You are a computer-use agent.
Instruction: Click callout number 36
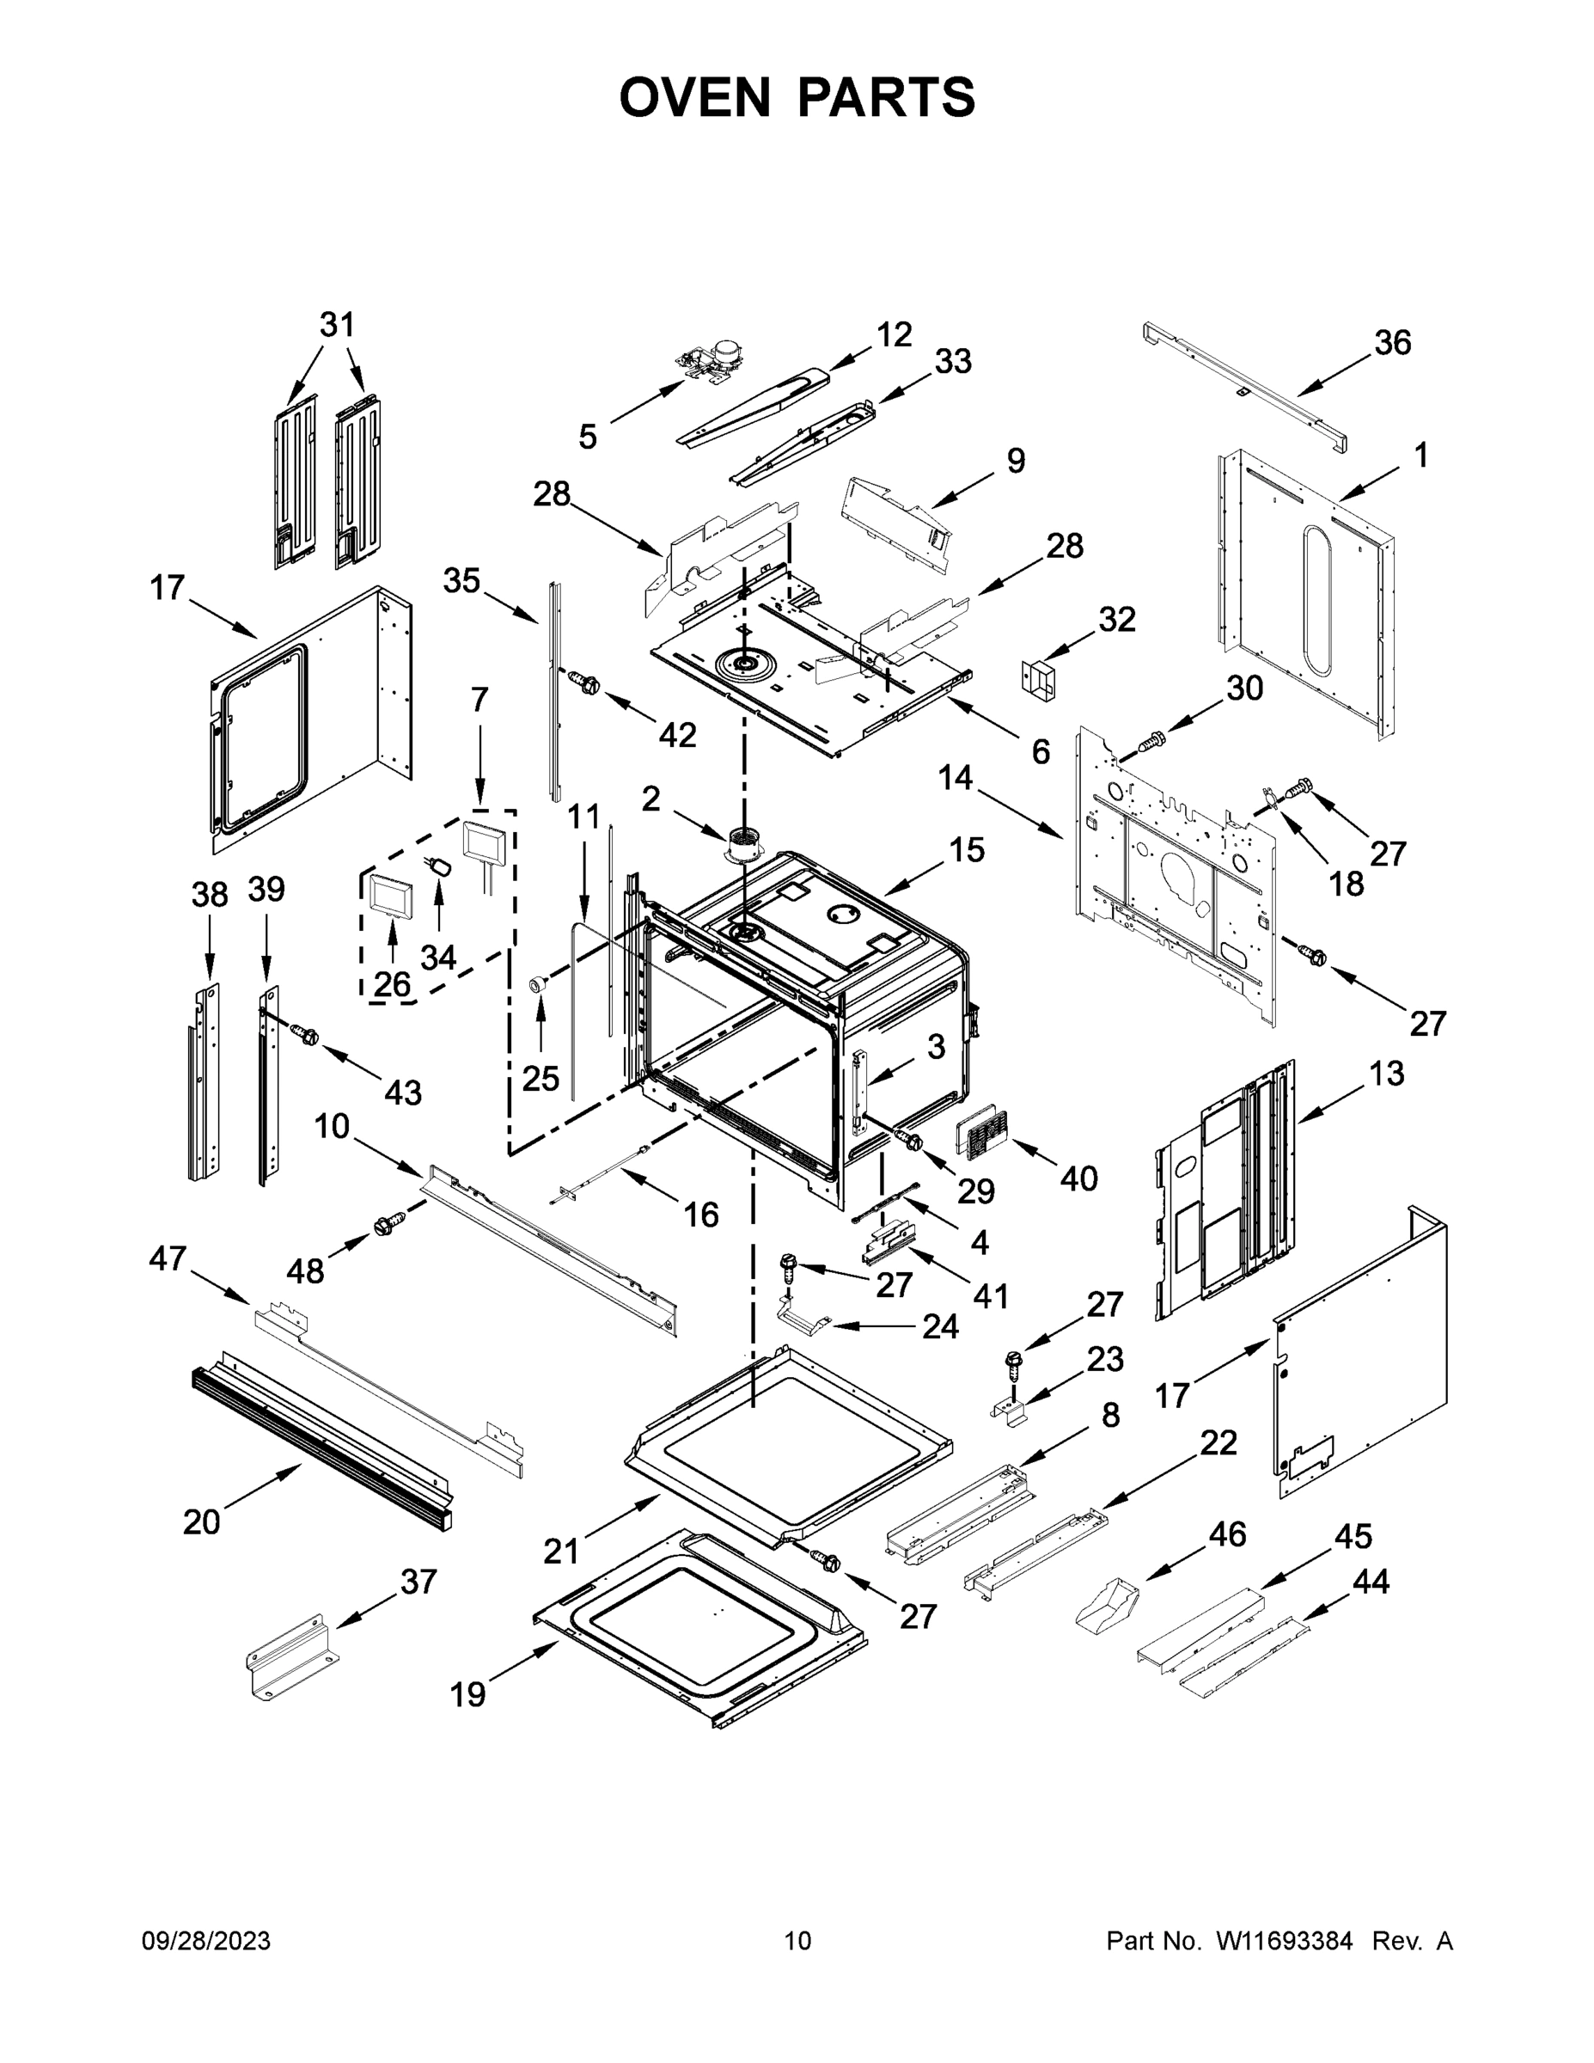(1392, 342)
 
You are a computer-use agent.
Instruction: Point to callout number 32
(1116, 620)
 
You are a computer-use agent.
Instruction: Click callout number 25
(540, 1077)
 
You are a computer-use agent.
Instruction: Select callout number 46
(1227, 1534)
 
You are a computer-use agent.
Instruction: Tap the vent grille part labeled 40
(982, 1129)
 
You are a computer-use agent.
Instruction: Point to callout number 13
(1385, 1073)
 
